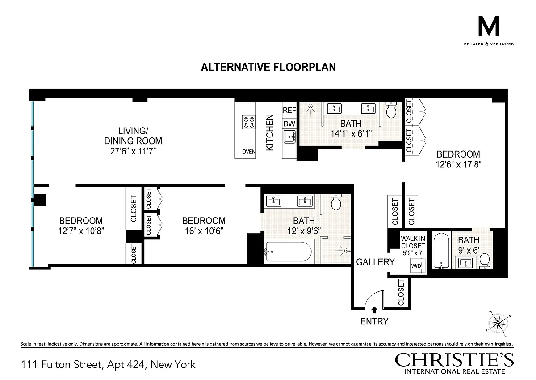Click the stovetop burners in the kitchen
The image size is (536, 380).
(x=249, y=122)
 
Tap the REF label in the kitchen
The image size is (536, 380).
(x=289, y=110)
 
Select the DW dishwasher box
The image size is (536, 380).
(x=289, y=124)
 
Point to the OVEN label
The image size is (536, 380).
(x=249, y=152)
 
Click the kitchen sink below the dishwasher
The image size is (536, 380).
(x=289, y=137)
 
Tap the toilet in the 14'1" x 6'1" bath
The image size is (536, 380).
(x=391, y=110)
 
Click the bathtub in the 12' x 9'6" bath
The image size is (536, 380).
(x=289, y=252)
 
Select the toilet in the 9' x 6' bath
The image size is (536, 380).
(x=485, y=260)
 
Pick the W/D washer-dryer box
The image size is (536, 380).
(x=418, y=265)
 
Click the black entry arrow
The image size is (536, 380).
(x=374, y=310)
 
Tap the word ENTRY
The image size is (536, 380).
(x=374, y=321)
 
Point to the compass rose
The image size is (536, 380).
(x=498, y=324)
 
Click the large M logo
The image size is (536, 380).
(x=489, y=26)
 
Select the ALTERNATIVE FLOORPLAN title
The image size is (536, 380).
(x=268, y=67)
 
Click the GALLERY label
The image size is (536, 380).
(x=375, y=262)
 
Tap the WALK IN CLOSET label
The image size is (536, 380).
(x=413, y=243)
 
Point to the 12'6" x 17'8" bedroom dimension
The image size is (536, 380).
(x=458, y=164)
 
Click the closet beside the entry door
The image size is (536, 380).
(x=402, y=292)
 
